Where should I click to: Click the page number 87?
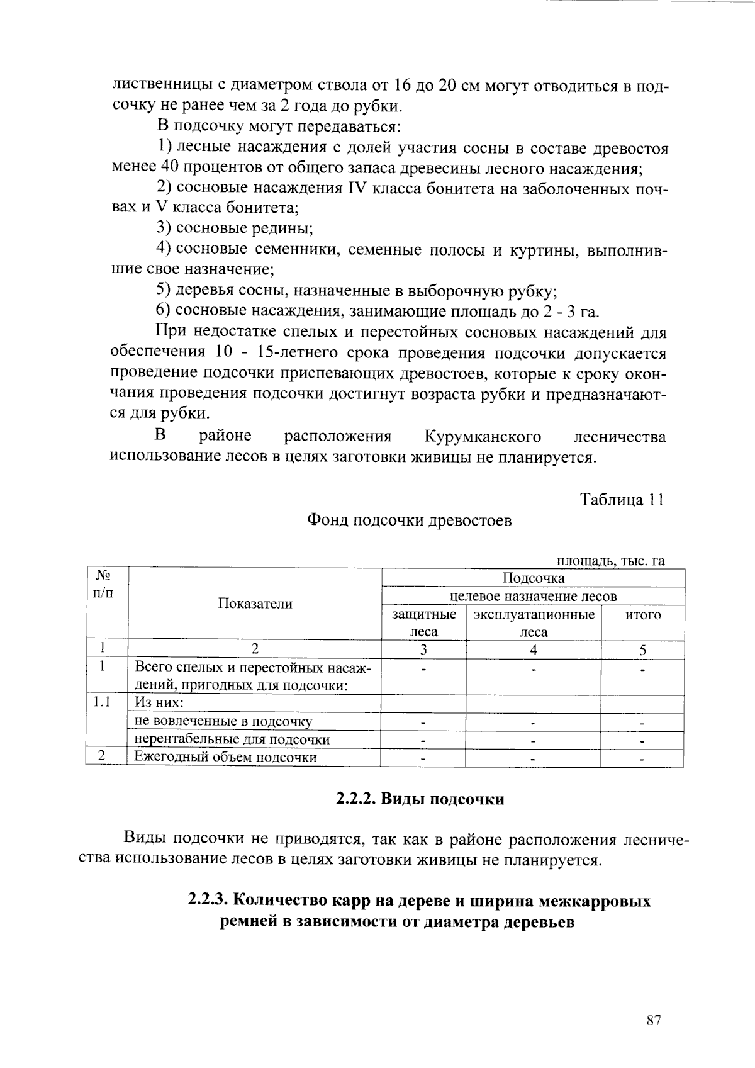[x=653, y=1020]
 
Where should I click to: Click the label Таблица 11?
[x=622, y=500]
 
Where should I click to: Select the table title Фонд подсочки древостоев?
[x=409, y=520]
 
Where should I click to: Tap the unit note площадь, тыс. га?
[x=610, y=561]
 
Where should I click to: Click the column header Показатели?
[x=255, y=604]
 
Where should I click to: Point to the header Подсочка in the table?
[x=533, y=578]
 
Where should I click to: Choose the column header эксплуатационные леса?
[x=534, y=623]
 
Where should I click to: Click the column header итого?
[x=642, y=615]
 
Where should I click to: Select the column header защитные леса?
[x=424, y=623]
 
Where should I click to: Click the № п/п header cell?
[x=104, y=583]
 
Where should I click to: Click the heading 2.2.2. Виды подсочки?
[x=420, y=799]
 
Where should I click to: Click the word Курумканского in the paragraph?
[x=483, y=437]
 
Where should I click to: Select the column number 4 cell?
[x=533, y=650]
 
